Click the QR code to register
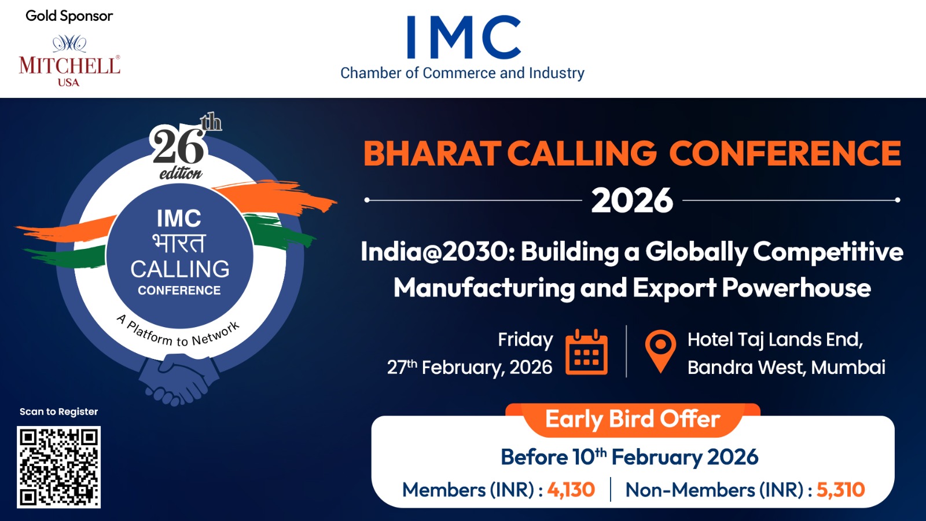click(58, 467)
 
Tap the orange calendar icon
click(586, 352)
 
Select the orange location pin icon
click(660, 351)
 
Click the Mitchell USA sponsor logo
click(69, 61)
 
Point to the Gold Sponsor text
click(69, 16)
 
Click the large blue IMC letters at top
click(464, 37)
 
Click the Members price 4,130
click(571, 490)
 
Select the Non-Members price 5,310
click(840, 490)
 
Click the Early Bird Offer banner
click(633, 419)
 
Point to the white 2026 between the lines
click(632, 200)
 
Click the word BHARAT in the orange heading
click(432, 153)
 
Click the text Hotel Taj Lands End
click(775, 340)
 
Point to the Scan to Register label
click(58, 412)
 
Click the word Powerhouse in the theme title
click(796, 288)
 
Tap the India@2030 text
click(434, 251)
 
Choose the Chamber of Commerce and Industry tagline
click(462, 73)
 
